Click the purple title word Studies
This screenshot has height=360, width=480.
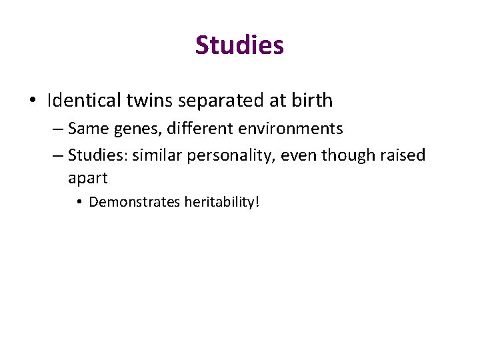click(239, 45)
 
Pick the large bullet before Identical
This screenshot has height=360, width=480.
click(33, 101)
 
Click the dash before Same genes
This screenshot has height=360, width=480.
click(57, 129)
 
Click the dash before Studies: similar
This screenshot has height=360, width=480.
click(57, 156)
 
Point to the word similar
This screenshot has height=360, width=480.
click(157, 155)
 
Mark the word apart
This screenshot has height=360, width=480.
click(87, 179)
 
